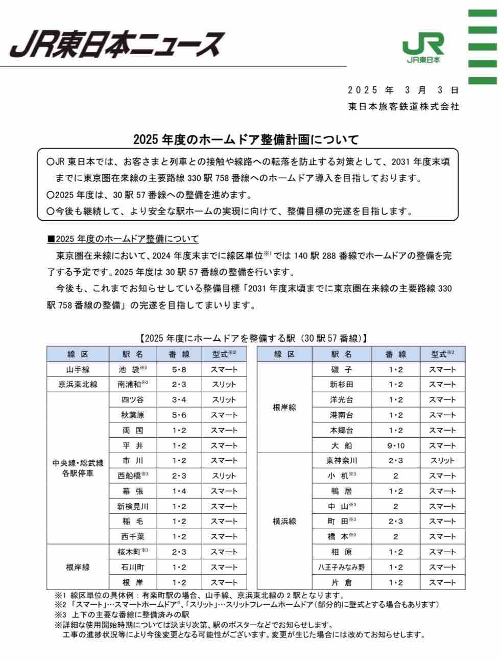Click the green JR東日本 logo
(x=423, y=49)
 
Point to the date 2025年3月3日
(x=403, y=90)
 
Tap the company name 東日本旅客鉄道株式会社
(x=403, y=107)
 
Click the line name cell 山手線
(x=78, y=369)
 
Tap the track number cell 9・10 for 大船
(x=396, y=445)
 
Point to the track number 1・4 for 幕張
(x=179, y=491)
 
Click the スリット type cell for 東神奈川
(x=442, y=461)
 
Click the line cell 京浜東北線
(x=78, y=384)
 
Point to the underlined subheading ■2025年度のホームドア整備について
(x=123, y=239)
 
